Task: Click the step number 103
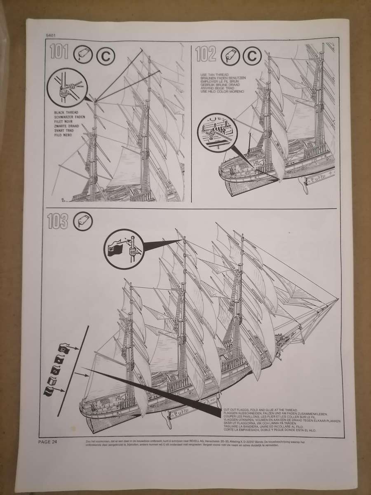point(58,222)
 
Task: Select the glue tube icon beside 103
point(82,222)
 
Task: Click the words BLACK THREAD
point(66,112)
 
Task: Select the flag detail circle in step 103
point(122,247)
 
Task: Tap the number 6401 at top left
point(52,35)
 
